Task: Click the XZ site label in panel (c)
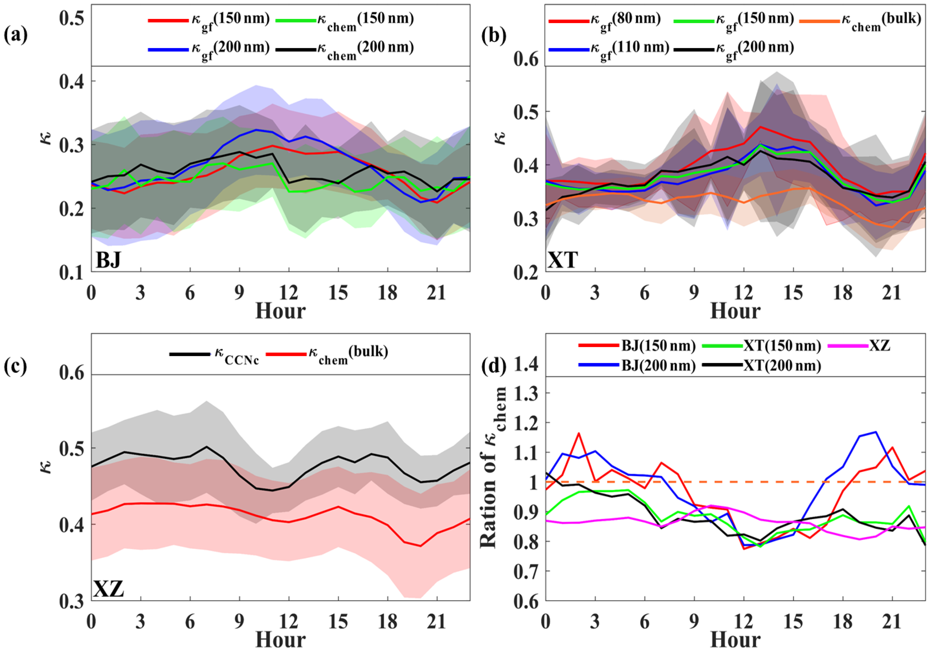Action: click(109, 589)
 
